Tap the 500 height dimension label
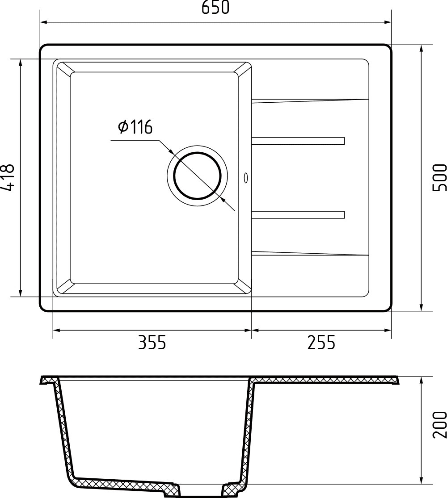[440, 178]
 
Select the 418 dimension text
[8, 178]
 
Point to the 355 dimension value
[152, 343]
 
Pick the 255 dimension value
[321, 343]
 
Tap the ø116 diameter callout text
[135, 127]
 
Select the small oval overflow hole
[245, 177]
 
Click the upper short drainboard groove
[298, 141]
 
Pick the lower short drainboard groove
[298, 215]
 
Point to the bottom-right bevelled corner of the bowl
[244, 288]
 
